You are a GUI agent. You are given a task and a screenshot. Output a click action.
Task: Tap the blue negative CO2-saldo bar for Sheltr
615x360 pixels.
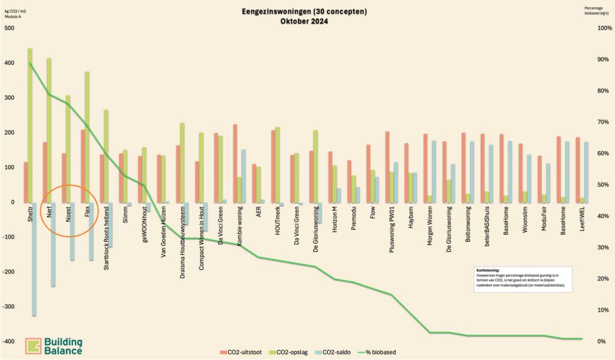(x=34, y=258)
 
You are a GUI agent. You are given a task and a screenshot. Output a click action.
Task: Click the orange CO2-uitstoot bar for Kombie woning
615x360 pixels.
(x=235, y=163)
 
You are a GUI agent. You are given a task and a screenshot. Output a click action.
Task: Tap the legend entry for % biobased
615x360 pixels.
(x=380, y=352)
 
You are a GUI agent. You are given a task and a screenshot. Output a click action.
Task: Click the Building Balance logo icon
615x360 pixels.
(x=33, y=346)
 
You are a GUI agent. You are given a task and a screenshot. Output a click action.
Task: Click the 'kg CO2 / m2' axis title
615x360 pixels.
(x=16, y=11)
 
